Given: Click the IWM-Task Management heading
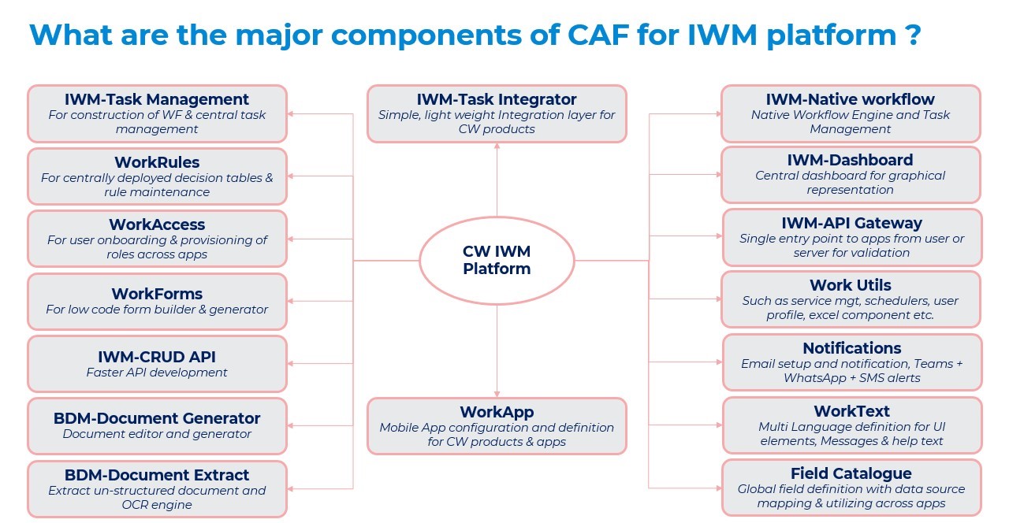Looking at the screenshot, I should point(157,99).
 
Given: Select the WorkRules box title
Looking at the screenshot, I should point(157,163).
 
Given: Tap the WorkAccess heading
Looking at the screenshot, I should point(157,224).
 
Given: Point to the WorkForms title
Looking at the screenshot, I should point(157,294).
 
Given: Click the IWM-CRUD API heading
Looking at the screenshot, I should point(157,357).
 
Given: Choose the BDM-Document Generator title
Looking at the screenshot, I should point(157,418).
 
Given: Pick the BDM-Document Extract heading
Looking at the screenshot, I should point(157,475).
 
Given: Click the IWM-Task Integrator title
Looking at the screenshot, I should point(497,99).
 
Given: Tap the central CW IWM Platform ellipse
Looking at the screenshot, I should point(497,260).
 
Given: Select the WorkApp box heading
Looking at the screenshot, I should point(497,412).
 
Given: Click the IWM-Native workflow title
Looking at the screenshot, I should point(850,99).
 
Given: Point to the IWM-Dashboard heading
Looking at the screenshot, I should point(850,160).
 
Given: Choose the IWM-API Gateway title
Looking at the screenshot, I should point(851,223).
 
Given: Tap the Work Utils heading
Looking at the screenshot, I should point(850,285).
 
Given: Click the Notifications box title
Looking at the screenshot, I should point(851,348).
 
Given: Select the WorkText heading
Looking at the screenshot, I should point(851,411).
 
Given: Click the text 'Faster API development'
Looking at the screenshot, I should point(157,373).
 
